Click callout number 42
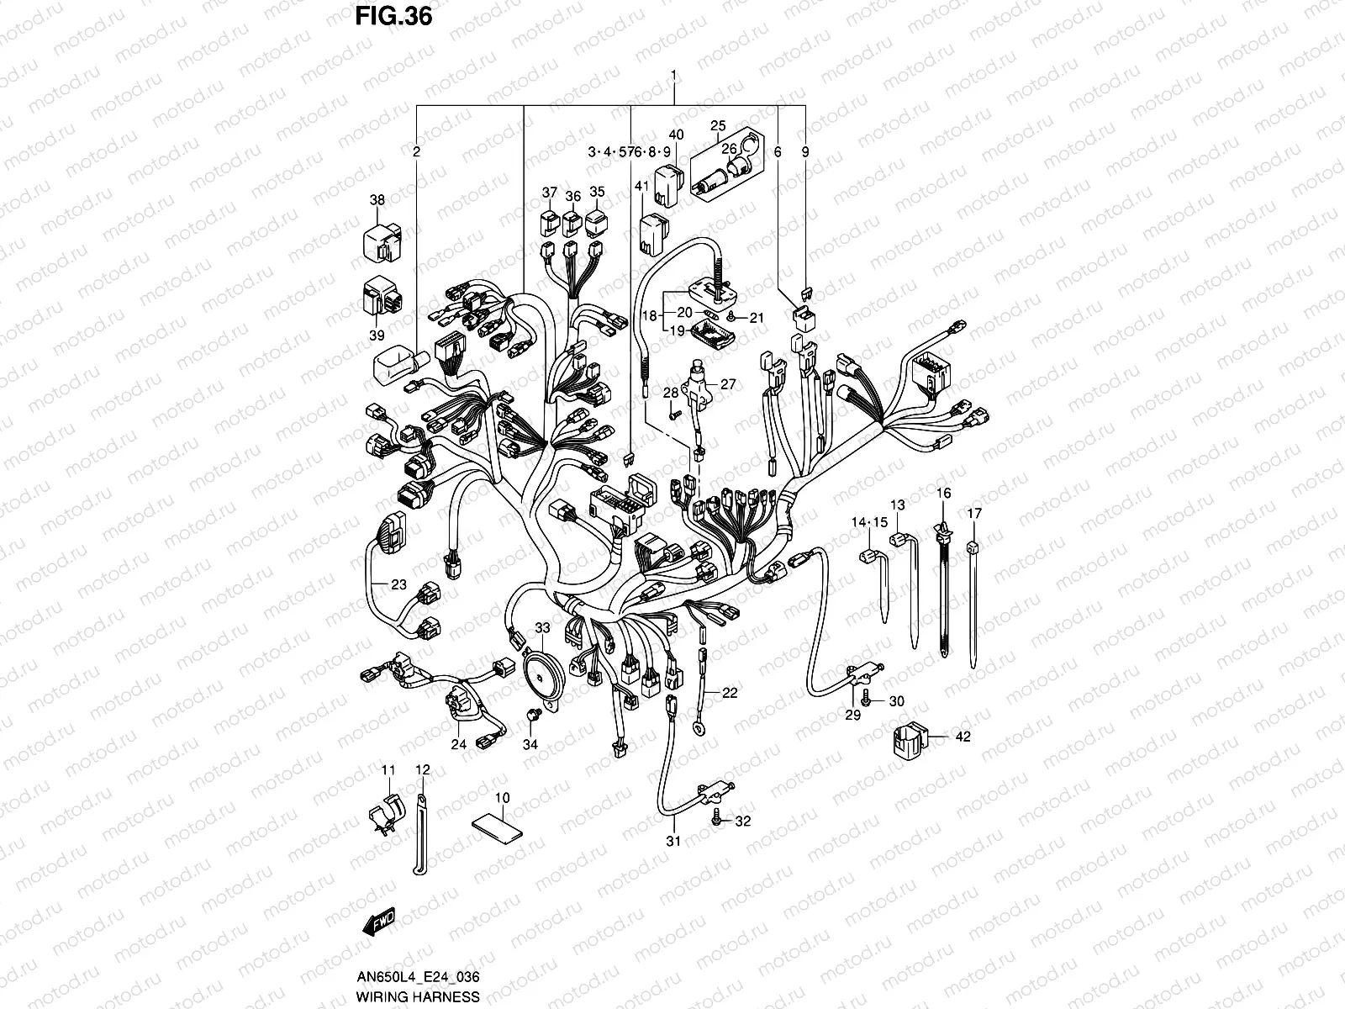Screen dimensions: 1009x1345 click(x=963, y=737)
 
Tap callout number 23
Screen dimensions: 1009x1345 click(x=398, y=584)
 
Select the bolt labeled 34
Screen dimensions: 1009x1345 click(x=531, y=716)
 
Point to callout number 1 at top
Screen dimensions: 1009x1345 click(x=673, y=77)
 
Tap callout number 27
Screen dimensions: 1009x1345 click(x=728, y=384)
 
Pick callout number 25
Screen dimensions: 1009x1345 click(x=718, y=126)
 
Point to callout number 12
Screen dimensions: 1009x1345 click(x=422, y=769)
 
